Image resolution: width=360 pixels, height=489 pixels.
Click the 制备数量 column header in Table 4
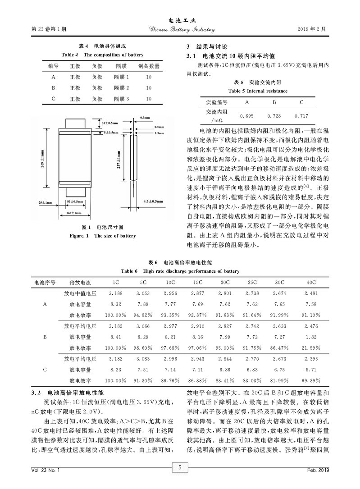pos(149,66)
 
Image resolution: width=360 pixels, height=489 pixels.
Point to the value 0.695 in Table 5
pos(246,116)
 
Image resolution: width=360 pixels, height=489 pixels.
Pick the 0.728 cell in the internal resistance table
pos(274,116)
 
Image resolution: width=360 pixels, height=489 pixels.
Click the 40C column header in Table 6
pos(311,283)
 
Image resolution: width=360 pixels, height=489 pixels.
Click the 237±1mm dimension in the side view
pos(118,158)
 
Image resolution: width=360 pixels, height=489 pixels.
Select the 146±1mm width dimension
pos(73,213)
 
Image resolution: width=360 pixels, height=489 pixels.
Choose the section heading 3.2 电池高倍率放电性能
pos(68,393)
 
